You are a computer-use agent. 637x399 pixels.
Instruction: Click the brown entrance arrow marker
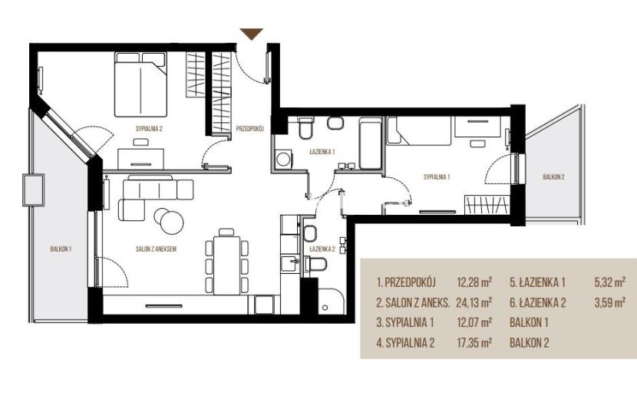[x=252, y=34]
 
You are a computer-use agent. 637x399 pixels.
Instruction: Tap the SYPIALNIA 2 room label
[x=149, y=129]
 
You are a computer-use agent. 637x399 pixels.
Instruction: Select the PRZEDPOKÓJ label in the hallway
[x=250, y=129]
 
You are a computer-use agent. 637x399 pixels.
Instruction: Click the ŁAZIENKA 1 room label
[x=322, y=152]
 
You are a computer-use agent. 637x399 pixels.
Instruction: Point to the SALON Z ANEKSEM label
[x=156, y=249]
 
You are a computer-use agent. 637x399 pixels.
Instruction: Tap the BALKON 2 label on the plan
[x=553, y=176]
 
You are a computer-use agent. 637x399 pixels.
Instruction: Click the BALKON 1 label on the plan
[x=61, y=249]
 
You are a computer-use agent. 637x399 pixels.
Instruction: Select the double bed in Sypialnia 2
[x=140, y=84]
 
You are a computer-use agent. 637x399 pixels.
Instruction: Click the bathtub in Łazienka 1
[x=370, y=143]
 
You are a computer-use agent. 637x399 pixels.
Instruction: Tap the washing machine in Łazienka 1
[x=283, y=159]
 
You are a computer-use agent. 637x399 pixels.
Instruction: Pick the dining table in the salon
[x=226, y=265]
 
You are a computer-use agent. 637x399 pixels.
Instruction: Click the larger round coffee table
[x=172, y=223]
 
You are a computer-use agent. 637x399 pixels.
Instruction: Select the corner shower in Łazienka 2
[x=331, y=301]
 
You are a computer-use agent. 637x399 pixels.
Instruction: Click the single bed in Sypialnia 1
[x=419, y=131]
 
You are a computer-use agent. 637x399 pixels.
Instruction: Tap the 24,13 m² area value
[x=474, y=302]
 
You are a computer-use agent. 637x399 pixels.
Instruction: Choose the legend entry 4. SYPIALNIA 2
[x=405, y=343]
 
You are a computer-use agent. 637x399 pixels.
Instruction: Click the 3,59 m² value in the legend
[x=609, y=302]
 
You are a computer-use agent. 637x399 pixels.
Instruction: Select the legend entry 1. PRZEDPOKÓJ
[x=406, y=282]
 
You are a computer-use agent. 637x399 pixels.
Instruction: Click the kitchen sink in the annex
[x=290, y=263]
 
